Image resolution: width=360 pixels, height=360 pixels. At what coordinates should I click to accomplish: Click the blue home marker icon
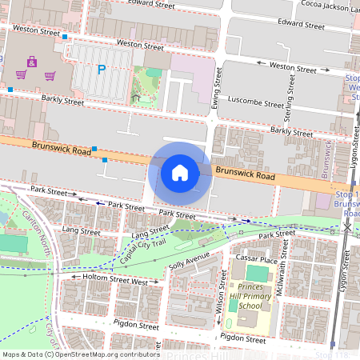pyautogui.click(x=180, y=172)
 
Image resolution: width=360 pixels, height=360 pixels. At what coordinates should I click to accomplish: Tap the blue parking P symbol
pyautogui.click(x=101, y=70)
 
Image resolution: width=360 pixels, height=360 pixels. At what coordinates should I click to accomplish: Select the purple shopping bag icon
pyautogui.click(x=32, y=61)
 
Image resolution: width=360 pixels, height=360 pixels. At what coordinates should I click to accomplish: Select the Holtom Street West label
pyautogui.click(x=117, y=281)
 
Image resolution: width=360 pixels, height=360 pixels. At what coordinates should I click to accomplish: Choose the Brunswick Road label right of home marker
pyautogui.click(x=245, y=174)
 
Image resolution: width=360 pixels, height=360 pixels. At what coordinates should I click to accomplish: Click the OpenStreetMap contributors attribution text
pyautogui.click(x=105, y=354)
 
